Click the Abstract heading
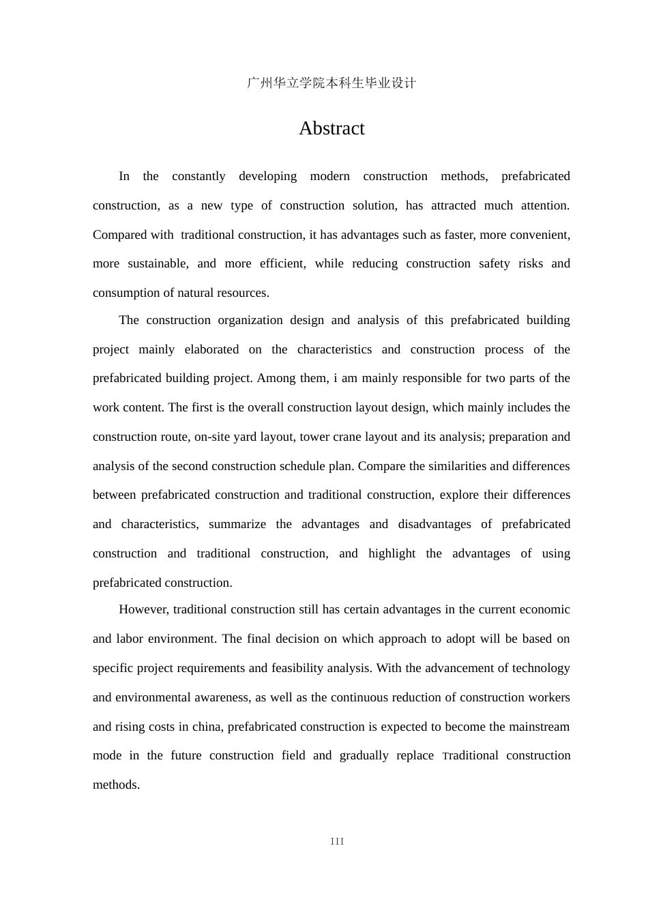point(332,128)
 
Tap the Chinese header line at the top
point(332,83)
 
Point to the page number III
point(337,841)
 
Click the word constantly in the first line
point(198,176)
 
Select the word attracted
point(453,205)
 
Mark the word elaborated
point(211,349)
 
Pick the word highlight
point(392,553)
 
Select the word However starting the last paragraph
point(143,609)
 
